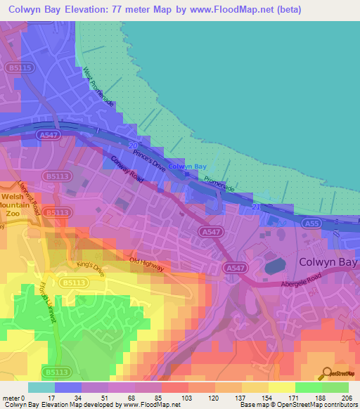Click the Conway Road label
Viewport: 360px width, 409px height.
pyautogui.click(x=127, y=170)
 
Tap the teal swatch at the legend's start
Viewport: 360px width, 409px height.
pyautogui.click(x=41, y=387)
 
